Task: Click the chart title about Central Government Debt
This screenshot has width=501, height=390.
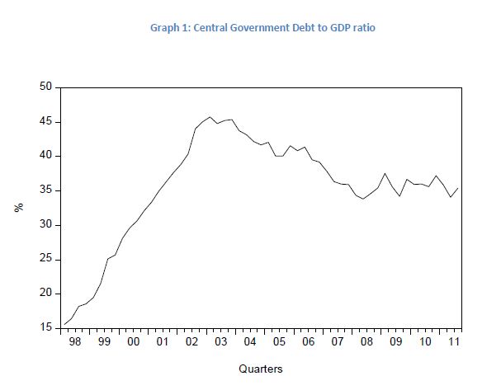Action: pyautogui.click(x=262, y=28)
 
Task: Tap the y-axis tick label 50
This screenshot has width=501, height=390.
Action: pyautogui.click(x=45, y=87)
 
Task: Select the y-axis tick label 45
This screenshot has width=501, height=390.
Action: pyautogui.click(x=45, y=121)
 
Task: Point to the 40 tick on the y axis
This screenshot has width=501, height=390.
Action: pyautogui.click(x=45, y=156)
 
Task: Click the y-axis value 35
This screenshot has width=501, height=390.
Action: pyautogui.click(x=45, y=190)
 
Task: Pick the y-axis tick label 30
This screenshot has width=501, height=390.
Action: pyautogui.click(x=45, y=225)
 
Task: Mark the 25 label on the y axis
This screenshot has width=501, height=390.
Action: pyautogui.click(x=45, y=260)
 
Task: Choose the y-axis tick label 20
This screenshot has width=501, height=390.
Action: pyautogui.click(x=45, y=294)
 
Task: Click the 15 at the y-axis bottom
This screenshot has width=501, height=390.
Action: pyautogui.click(x=45, y=329)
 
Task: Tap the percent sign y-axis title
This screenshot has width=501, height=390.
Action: pyautogui.click(x=17, y=208)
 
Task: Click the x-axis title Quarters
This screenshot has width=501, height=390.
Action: pyautogui.click(x=261, y=369)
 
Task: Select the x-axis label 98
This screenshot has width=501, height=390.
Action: pyautogui.click(x=75, y=340)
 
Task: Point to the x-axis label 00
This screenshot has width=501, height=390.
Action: pyautogui.click(x=133, y=340)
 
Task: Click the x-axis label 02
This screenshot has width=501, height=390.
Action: pyautogui.click(x=191, y=340)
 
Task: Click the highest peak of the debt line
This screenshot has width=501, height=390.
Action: pyautogui.click(x=210, y=117)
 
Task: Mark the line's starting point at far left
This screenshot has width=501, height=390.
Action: pyautogui.click(x=64, y=324)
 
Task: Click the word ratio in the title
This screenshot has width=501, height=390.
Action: pyautogui.click(x=363, y=28)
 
